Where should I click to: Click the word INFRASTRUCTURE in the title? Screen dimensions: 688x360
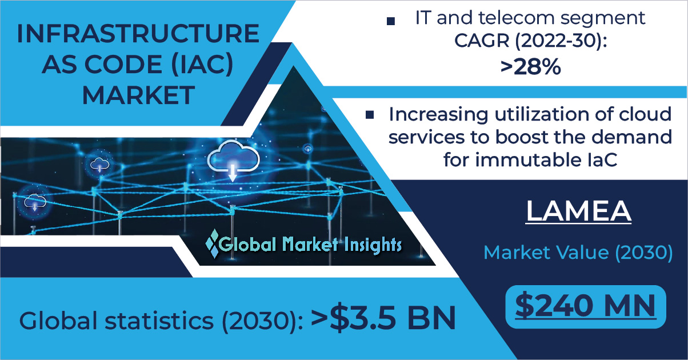(138, 34)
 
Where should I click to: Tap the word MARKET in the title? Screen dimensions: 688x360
(138, 95)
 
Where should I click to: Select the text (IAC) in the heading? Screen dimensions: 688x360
(202, 65)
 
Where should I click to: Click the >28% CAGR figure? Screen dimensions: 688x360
(531, 67)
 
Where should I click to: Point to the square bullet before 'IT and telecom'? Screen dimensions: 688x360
(391, 21)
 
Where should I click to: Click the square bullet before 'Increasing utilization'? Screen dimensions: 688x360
(370, 115)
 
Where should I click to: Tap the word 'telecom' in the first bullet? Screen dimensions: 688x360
(517, 18)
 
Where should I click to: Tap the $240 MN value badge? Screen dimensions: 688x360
(586, 306)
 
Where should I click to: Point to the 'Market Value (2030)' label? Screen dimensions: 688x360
(578, 253)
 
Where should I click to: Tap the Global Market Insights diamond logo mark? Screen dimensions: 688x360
(213, 243)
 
